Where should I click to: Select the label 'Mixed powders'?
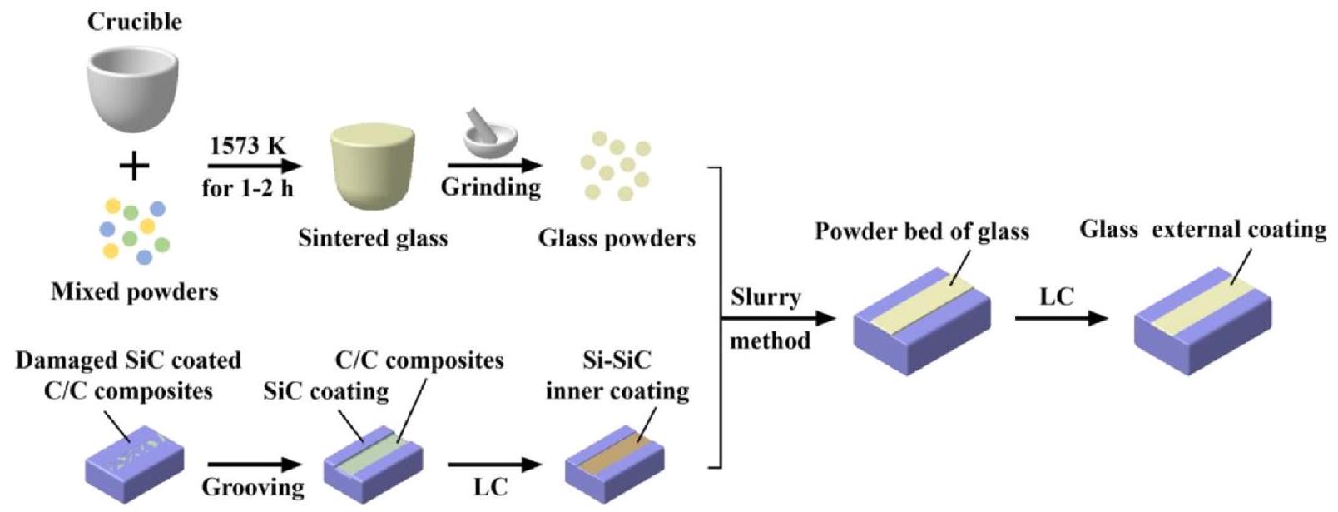[x=134, y=291]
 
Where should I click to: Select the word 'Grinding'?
[x=490, y=186]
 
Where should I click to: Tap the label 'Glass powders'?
[x=617, y=239]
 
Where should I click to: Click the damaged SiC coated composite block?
[x=134, y=463]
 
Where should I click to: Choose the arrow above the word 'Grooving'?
[x=254, y=464]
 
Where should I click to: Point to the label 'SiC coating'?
[x=325, y=391]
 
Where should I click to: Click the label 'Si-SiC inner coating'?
[x=617, y=376]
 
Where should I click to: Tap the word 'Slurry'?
[x=765, y=297]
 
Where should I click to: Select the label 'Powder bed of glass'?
[x=922, y=231]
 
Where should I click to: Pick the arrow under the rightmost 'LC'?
[x=1061, y=318]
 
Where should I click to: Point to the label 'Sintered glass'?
[x=373, y=239]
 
